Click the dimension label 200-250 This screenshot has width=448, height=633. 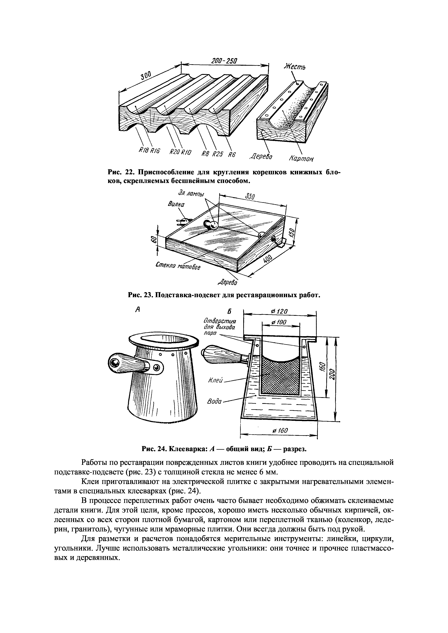click(x=224, y=61)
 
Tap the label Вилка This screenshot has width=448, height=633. click(x=176, y=204)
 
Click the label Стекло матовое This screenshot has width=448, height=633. click(x=178, y=266)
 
